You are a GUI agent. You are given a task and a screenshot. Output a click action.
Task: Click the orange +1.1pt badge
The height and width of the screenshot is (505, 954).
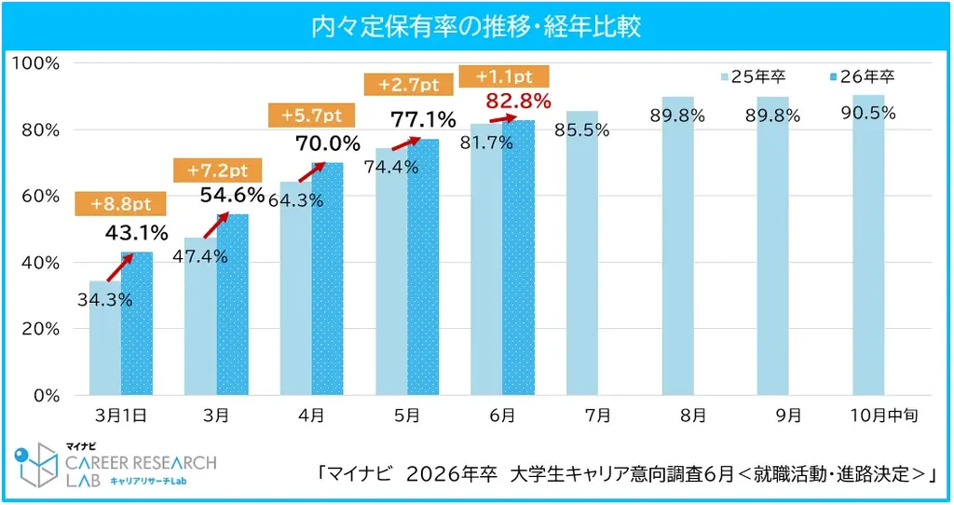[504, 76]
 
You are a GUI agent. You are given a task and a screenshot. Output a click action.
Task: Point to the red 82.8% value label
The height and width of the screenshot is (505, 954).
[518, 100]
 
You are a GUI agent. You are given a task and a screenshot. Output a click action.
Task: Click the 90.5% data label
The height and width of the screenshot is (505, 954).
[867, 113]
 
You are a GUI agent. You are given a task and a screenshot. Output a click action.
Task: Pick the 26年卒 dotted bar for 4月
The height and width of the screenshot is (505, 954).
[327, 279]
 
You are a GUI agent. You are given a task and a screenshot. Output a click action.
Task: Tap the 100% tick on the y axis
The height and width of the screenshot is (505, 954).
[35, 62]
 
